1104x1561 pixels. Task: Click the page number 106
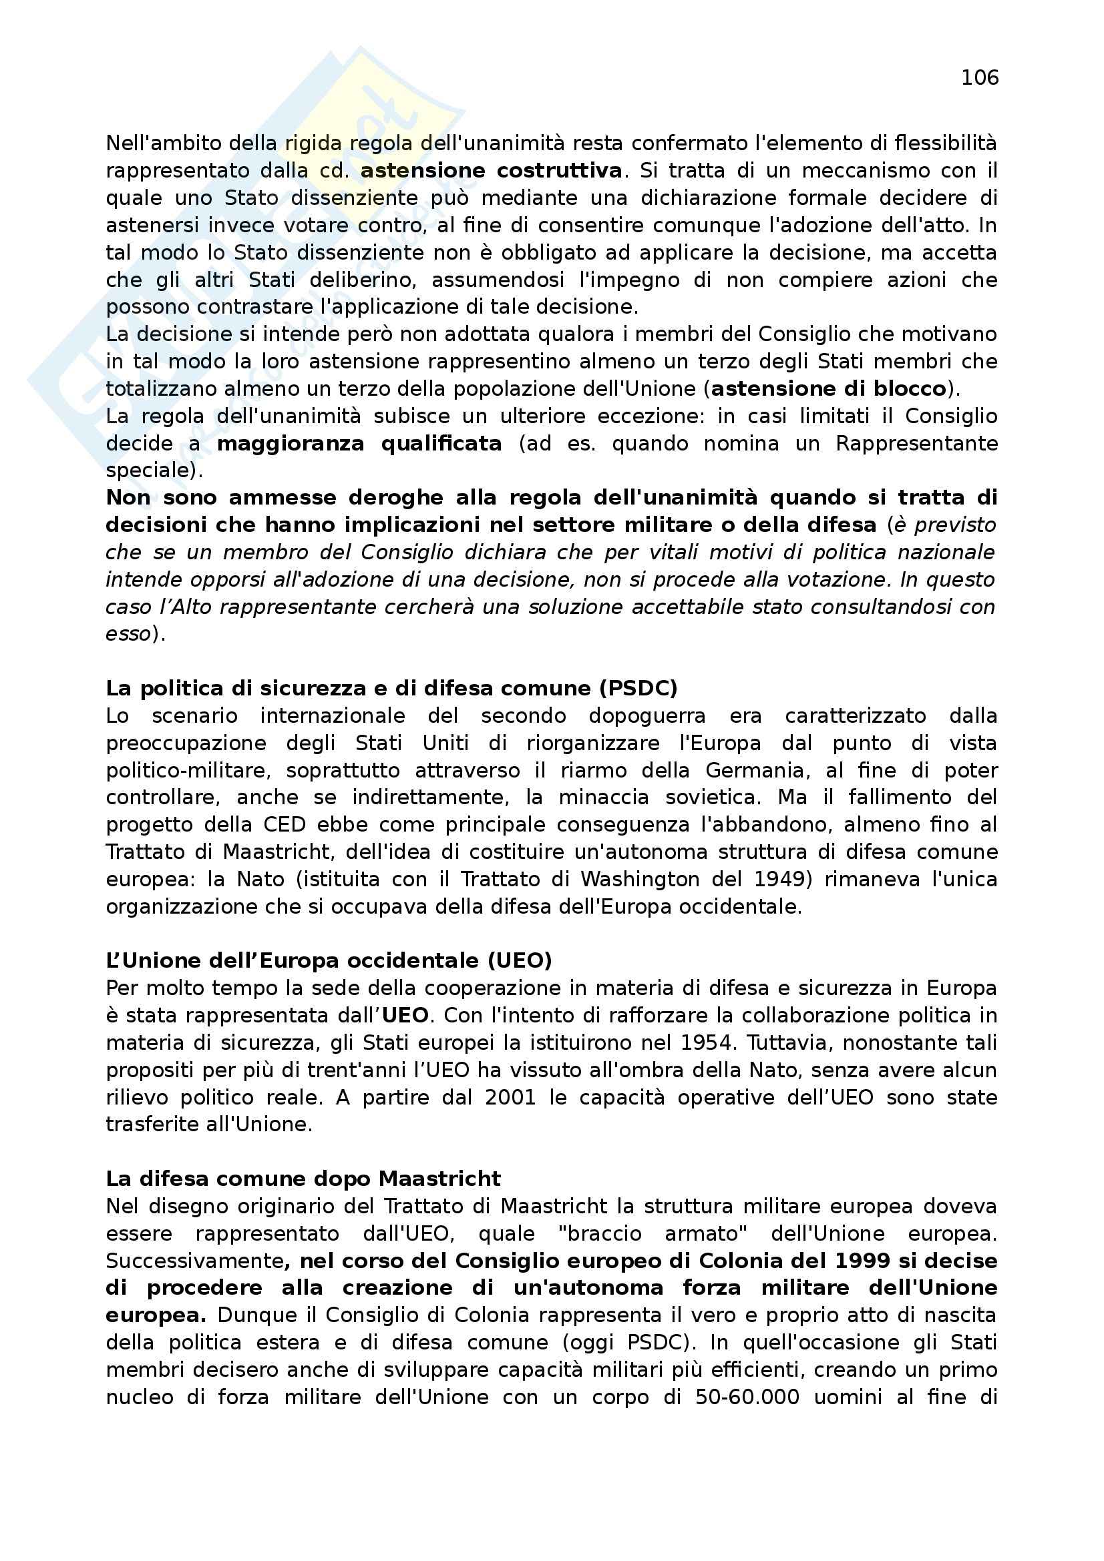(979, 78)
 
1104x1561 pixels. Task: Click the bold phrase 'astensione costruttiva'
(491, 171)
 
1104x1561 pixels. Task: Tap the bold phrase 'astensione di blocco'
(829, 389)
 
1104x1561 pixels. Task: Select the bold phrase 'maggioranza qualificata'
(359, 444)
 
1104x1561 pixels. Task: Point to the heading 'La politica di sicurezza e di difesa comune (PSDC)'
(391, 689)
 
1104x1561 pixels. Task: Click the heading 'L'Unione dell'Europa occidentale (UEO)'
(329, 960)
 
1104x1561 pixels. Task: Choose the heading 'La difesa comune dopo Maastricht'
(303, 1178)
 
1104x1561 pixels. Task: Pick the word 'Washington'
(639, 879)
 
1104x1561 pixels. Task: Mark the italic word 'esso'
(128, 633)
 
